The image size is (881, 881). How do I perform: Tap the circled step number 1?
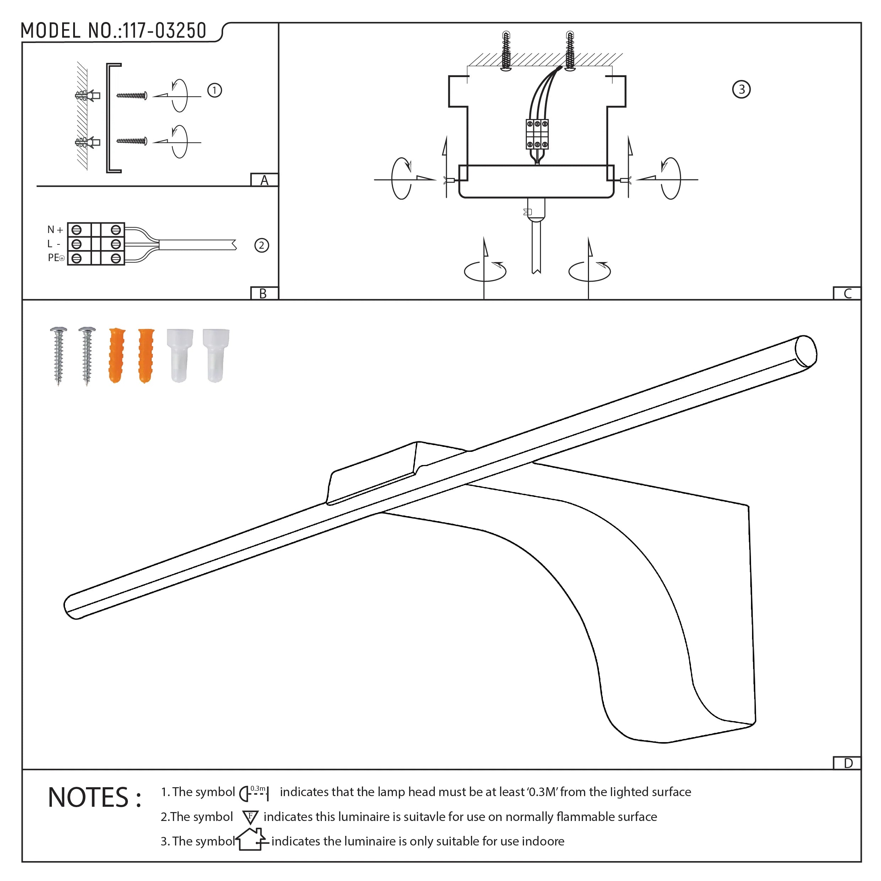[215, 90]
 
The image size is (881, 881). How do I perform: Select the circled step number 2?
[261, 246]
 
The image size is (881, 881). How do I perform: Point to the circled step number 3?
[741, 90]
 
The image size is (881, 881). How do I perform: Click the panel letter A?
[265, 180]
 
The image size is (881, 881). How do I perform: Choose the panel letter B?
[263, 294]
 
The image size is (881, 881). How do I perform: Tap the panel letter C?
[847, 294]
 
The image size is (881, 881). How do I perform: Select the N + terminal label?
[55, 230]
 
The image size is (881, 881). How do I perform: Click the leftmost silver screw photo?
[58, 356]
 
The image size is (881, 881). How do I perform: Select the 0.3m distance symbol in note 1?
[254, 794]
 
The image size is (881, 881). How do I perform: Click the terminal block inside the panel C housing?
[537, 135]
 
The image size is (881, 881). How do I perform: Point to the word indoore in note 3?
[543, 841]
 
